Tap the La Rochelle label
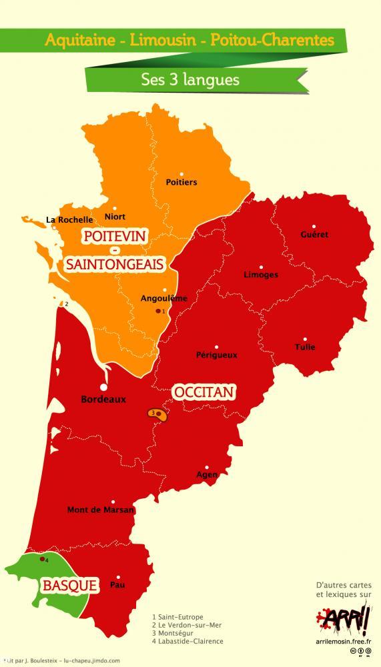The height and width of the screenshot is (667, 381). point(69,218)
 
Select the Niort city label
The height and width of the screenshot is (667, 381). point(115,216)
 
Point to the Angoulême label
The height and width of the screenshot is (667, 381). point(164,298)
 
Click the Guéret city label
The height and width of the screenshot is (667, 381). point(314,235)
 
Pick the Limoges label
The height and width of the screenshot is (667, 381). point(262,274)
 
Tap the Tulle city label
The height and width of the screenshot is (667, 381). point(304,347)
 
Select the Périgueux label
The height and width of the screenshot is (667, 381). point(217,355)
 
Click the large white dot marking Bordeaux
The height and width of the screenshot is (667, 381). point(103,386)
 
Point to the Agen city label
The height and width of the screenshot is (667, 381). point(207,475)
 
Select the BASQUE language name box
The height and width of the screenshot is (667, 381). point(71,586)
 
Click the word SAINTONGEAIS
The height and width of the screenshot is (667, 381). point(114,265)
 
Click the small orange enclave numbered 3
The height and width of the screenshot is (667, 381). point(157,414)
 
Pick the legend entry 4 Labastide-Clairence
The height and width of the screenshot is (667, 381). point(188,641)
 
